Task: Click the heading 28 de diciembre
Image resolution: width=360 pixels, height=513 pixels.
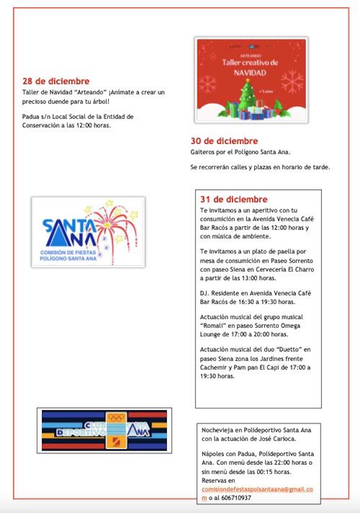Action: (x=56, y=82)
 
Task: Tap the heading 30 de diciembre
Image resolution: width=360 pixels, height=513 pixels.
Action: (x=224, y=141)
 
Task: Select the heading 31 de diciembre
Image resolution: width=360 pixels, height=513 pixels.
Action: (x=234, y=199)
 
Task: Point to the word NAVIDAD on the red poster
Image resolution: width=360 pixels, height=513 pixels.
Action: (x=250, y=73)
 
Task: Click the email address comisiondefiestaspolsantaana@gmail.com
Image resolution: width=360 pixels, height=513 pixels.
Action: (x=258, y=489)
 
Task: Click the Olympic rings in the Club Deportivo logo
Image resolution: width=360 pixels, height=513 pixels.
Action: (x=116, y=418)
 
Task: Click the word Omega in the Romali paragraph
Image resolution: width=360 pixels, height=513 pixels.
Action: (x=291, y=325)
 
